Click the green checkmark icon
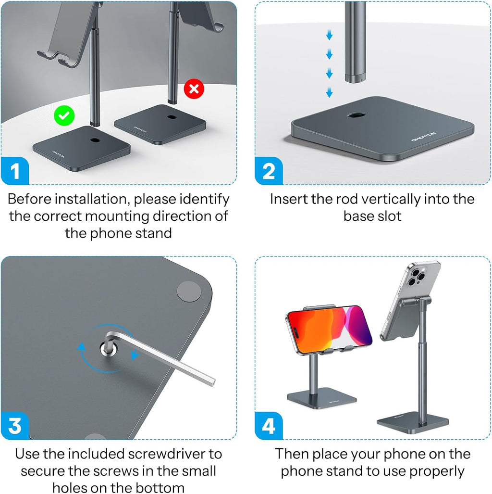(64, 115)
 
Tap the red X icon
(194, 89)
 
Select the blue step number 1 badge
(15, 171)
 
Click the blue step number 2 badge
(269, 171)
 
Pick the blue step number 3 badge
(15, 426)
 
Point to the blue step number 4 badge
(269, 426)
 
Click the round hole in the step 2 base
(357, 115)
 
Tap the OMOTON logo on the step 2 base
(424, 137)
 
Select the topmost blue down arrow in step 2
(329, 35)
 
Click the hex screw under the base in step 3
(108, 349)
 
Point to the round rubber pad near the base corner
(189, 292)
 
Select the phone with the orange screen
(329, 329)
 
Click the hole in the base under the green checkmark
(93, 139)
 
